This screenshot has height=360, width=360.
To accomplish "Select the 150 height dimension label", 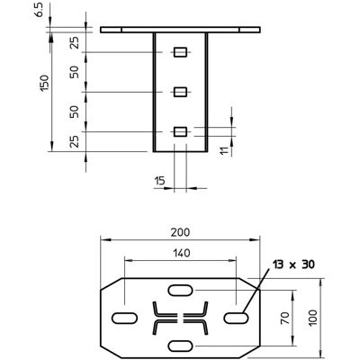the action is coord(44,84).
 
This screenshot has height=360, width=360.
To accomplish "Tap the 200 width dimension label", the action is coord(180,232).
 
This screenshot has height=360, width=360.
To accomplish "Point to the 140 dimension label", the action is coord(181,253).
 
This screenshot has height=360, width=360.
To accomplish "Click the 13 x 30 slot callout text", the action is coord(293,265).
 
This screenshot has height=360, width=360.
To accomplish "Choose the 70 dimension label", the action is coord(285,318).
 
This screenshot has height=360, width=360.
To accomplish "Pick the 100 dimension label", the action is coord(312,318).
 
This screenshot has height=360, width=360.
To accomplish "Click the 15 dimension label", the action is coord(159,181).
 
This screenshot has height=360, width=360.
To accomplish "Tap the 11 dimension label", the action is coord(224,150).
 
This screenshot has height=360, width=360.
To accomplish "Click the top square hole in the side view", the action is coord(180,52).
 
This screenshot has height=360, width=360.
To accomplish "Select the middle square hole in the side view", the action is coord(180,92).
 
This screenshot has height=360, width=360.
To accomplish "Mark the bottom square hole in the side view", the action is coord(180,131).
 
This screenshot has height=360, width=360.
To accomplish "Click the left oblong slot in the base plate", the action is coord(124,318).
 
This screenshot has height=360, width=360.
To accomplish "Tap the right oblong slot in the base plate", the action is coord(236,318).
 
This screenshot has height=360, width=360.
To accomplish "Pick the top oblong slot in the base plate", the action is coord(180,290).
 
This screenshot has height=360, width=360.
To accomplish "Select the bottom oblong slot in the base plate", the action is coord(180,346).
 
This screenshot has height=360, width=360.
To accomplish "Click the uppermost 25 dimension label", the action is coord(74,42).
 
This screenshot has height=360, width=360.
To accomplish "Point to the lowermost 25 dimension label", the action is coord(74,141).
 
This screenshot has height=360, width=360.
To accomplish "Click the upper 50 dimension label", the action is coord(74,72).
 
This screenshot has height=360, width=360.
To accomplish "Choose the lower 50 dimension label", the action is coord(74,112).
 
